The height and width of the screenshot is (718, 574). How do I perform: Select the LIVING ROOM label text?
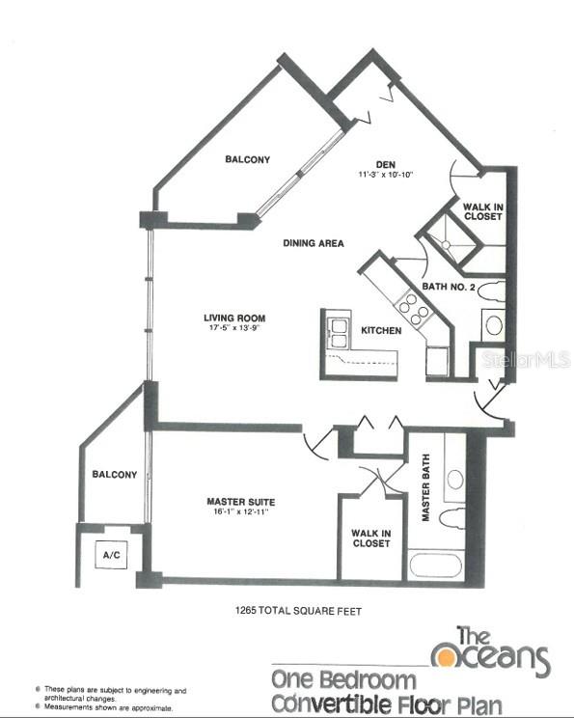(x=233, y=318)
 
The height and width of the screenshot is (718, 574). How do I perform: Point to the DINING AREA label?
(x=314, y=243)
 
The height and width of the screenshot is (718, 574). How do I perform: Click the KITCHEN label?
(x=381, y=331)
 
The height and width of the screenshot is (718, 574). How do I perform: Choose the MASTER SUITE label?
(x=240, y=502)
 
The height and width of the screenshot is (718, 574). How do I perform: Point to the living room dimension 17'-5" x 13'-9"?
(x=233, y=328)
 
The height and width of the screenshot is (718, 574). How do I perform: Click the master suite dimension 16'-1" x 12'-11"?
(x=240, y=512)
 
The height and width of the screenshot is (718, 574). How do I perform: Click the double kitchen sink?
(x=338, y=331)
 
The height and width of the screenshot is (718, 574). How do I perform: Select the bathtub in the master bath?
(x=436, y=564)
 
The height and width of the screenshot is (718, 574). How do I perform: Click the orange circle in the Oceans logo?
(x=445, y=656)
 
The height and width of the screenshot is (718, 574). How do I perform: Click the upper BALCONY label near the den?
(x=247, y=159)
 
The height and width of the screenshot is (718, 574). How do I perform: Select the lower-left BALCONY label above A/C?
(x=114, y=474)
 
